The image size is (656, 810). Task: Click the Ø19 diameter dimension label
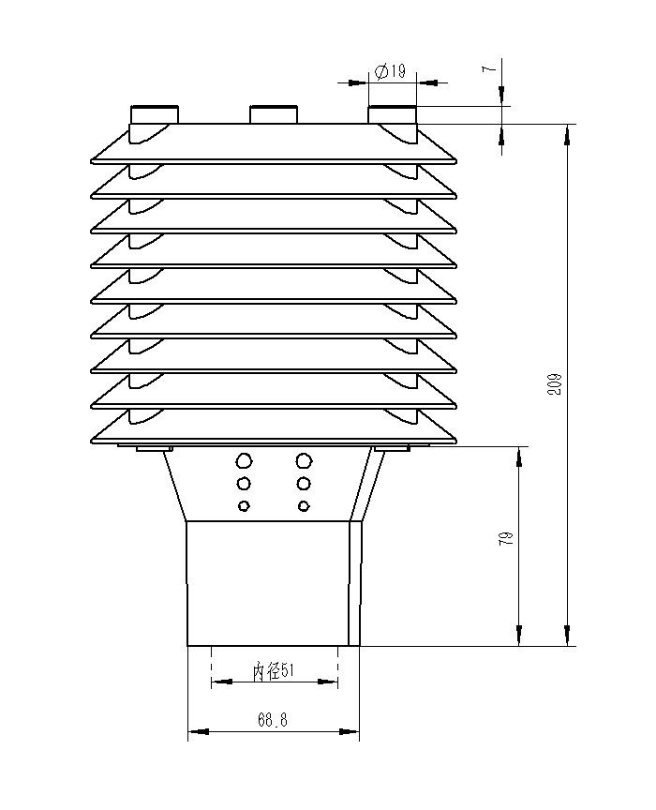[389, 72]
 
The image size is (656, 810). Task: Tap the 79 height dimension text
[507, 539]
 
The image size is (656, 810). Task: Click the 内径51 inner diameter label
[274, 670]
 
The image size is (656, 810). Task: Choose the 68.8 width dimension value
[272, 720]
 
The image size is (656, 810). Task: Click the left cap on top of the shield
[154, 114]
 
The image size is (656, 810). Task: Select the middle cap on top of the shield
[273, 114]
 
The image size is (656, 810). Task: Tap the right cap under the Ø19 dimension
[392, 114]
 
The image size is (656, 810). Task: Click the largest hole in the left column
[245, 460]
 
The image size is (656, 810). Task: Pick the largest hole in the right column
[303, 460]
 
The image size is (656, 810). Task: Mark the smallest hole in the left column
[245, 506]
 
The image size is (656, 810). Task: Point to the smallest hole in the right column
[304, 506]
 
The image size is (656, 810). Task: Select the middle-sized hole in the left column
[245, 484]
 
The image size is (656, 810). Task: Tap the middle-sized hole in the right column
[304, 484]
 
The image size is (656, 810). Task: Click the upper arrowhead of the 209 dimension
[566, 134]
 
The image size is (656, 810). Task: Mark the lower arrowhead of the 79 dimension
[518, 637]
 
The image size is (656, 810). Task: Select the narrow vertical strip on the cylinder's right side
[355, 583]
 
